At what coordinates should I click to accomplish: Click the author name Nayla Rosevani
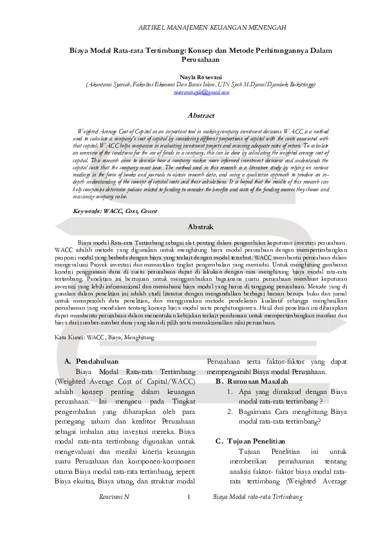(192, 75)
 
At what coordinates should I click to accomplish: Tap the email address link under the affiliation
(192, 92)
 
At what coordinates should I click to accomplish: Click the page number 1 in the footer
(189, 497)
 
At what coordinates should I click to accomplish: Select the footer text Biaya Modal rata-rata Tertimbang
(257, 497)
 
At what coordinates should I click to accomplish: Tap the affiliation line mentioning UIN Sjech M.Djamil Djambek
(192, 84)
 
